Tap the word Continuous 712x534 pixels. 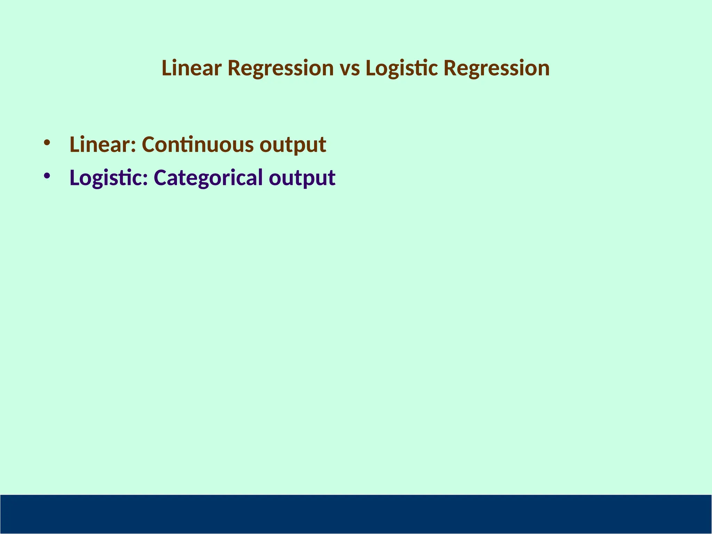click(x=198, y=145)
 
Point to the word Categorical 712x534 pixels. click(x=208, y=178)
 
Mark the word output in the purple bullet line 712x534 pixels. click(x=302, y=178)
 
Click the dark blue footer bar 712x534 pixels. click(x=356, y=514)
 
